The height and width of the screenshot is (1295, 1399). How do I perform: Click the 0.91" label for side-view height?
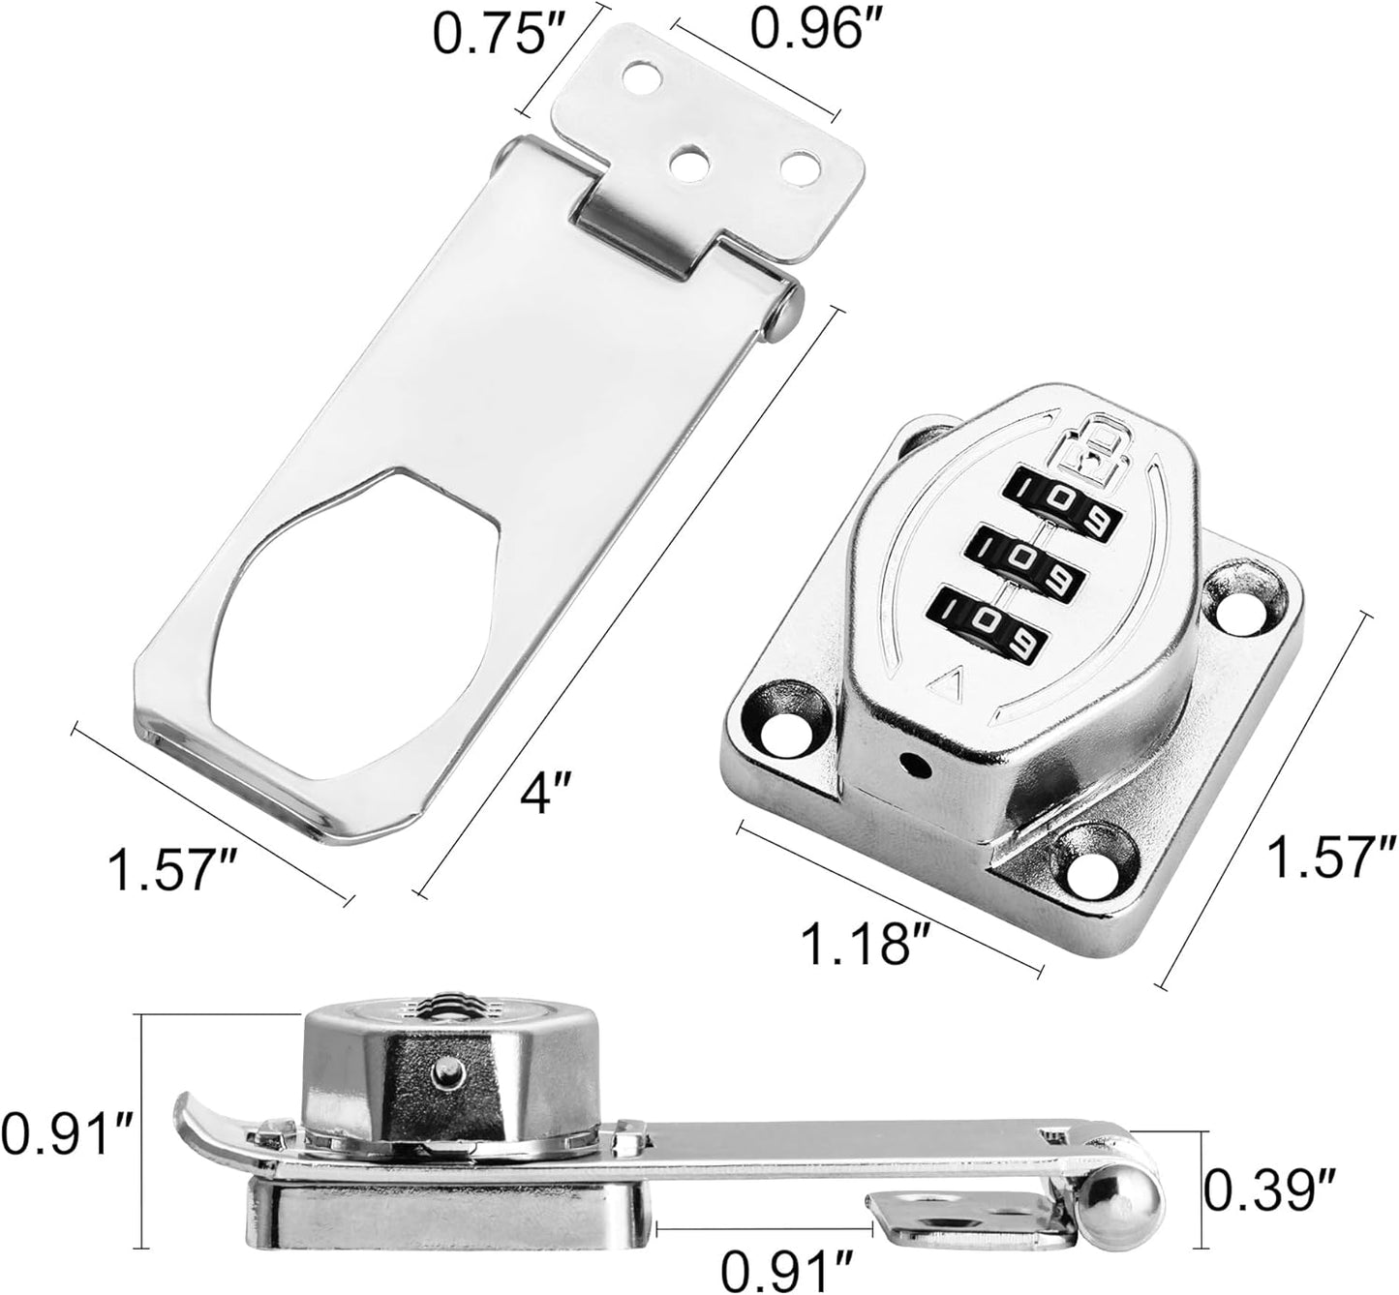64,1129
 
